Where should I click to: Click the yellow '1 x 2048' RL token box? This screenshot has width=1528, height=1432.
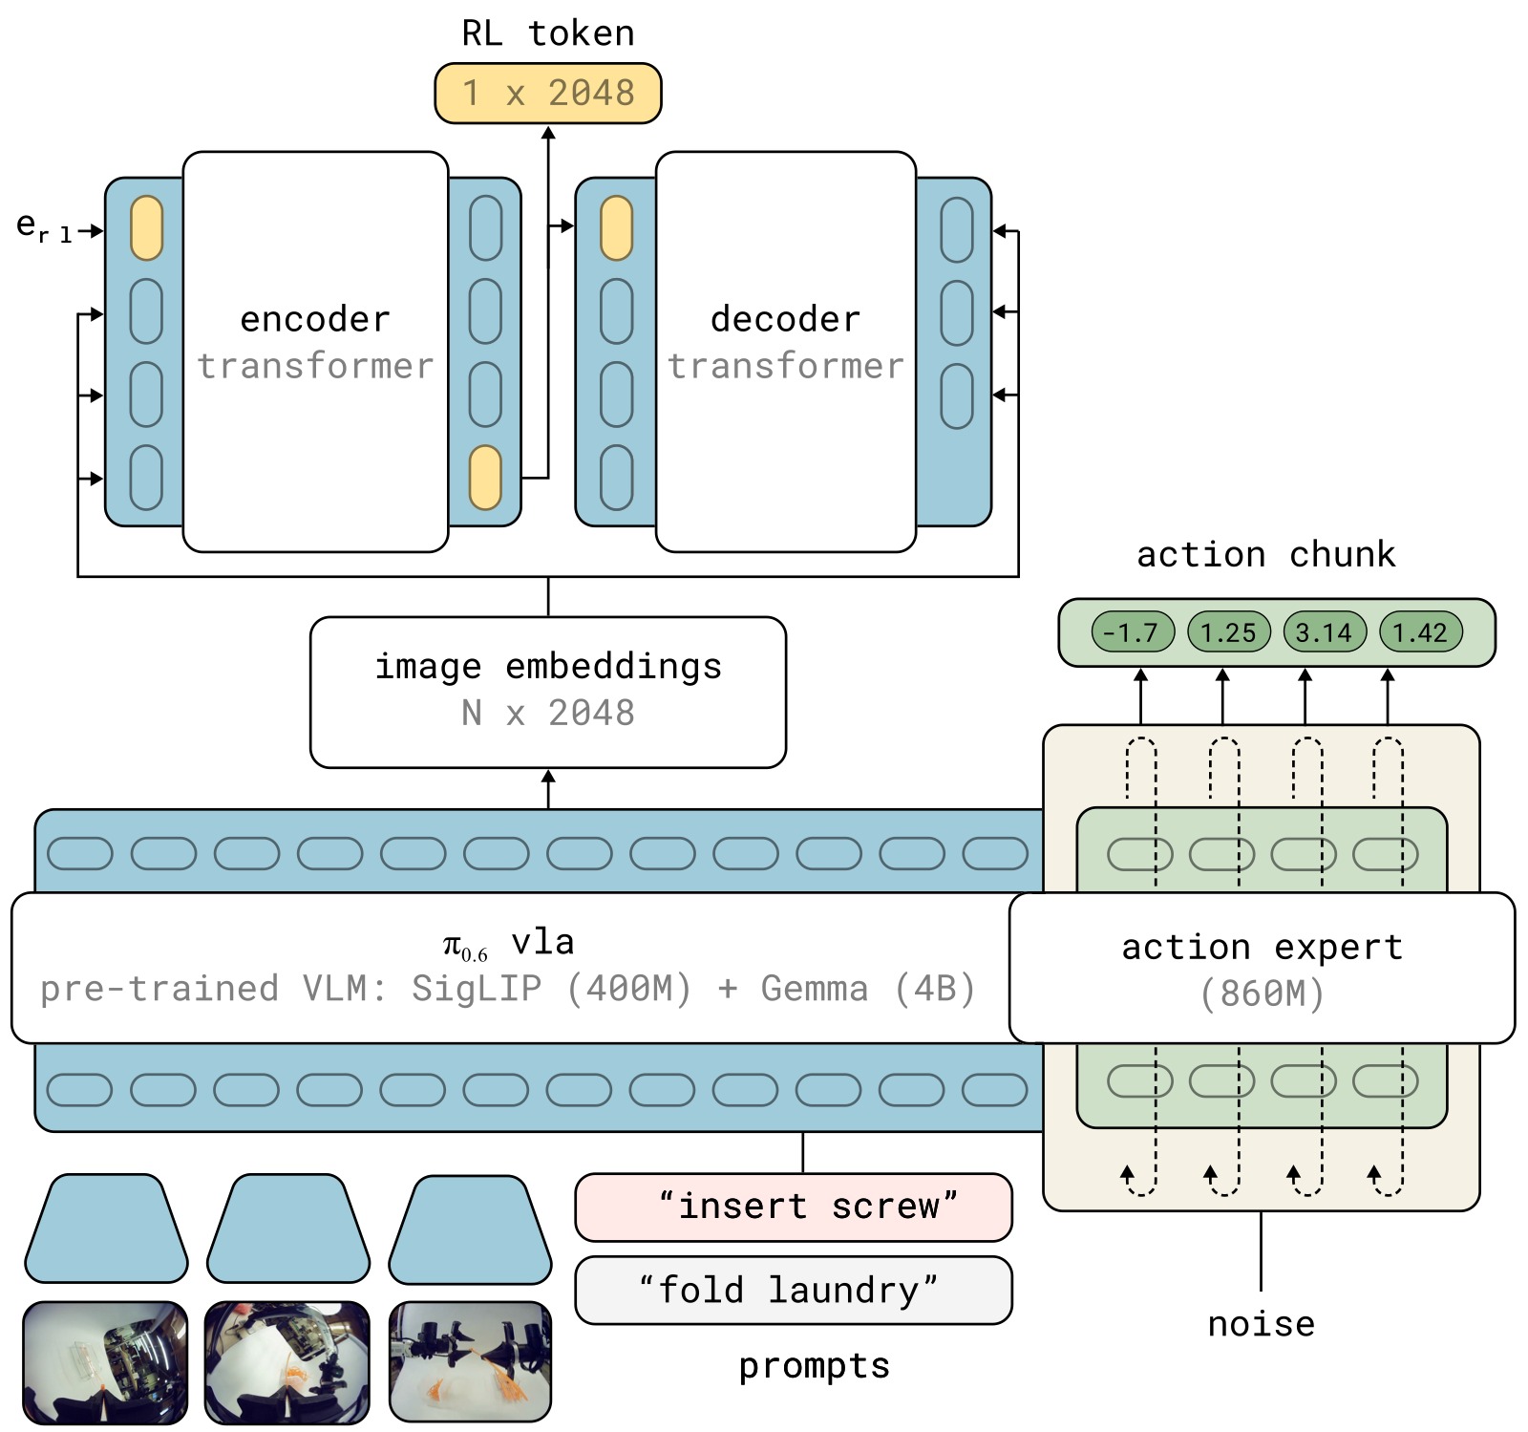[547, 93]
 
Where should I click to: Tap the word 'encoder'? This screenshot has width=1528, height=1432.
[315, 319]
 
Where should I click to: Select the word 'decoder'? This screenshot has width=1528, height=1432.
[785, 319]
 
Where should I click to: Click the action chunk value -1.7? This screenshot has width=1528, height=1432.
[1133, 632]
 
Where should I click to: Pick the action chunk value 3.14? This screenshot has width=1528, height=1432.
[1325, 632]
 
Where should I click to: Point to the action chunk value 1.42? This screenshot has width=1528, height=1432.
[1421, 632]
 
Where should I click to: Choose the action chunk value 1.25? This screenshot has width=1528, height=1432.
[1229, 632]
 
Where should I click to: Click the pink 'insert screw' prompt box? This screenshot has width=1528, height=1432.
[794, 1207]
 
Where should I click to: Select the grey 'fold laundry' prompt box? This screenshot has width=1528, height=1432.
[794, 1290]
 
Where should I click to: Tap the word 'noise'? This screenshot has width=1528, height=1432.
[1261, 1324]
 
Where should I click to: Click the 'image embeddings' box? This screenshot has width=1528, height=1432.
[548, 692]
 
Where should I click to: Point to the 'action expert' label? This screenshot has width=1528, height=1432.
[1263, 947]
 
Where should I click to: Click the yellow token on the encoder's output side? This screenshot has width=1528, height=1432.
[485, 477]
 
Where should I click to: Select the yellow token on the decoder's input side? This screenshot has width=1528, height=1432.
[616, 228]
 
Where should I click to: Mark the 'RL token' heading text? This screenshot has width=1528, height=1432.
[547, 33]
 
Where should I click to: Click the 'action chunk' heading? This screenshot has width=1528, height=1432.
[1266, 555]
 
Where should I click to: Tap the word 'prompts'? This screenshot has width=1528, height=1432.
[814, 1367]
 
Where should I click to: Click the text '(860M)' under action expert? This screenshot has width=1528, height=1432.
[1263, 994]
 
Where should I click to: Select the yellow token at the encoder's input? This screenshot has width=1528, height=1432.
[146, 228]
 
